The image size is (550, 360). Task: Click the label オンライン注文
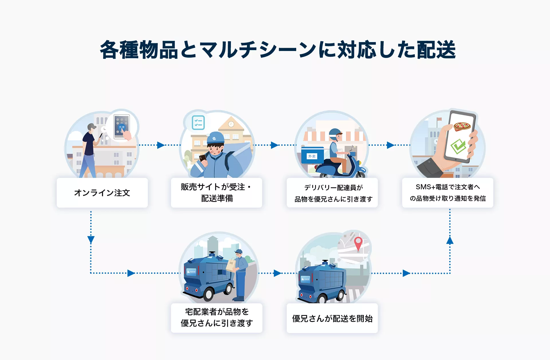102,193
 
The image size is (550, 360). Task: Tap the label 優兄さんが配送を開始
332,318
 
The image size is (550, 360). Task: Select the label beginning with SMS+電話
448,192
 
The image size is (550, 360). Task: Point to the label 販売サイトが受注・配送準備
217,192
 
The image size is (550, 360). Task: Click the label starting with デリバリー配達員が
333,193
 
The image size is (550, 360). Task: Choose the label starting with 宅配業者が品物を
217,317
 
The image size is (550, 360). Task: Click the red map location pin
358,244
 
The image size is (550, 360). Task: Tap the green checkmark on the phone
458,146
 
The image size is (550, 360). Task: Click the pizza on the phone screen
462,126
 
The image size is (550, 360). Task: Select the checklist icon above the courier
198,123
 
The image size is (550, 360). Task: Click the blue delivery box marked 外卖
313,156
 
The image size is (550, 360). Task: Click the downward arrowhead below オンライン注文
91,240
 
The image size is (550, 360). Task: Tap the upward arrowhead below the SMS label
450,240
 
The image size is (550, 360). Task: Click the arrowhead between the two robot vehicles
277,273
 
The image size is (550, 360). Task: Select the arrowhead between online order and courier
161,145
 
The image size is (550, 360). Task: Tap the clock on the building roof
231,124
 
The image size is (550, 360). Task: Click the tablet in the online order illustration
122,127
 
